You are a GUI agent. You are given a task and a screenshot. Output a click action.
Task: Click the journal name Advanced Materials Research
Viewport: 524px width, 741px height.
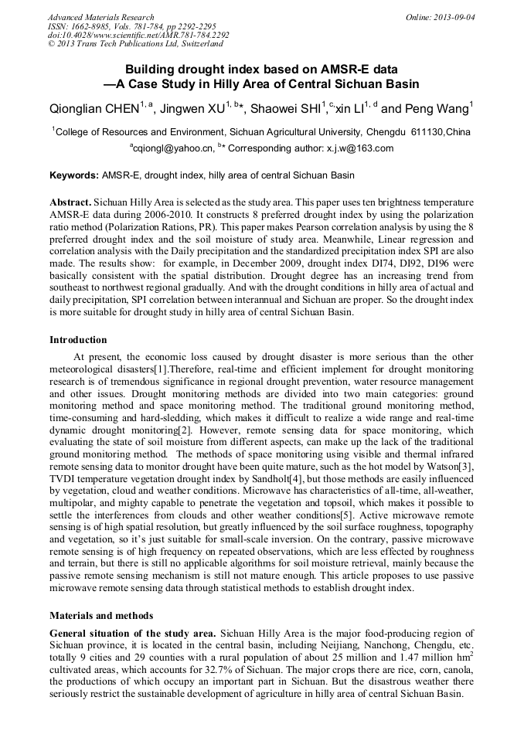100,17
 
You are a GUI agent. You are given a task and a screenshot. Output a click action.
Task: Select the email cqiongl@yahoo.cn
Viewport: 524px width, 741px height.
173,148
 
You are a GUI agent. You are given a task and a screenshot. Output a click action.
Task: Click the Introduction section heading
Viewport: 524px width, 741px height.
78,340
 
